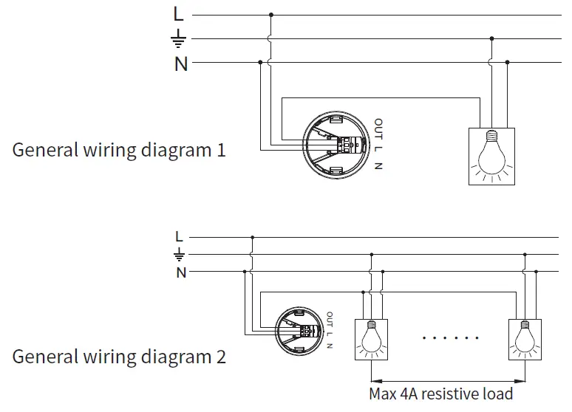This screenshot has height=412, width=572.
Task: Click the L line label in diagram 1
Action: pyautogui.click(x=177, y=13)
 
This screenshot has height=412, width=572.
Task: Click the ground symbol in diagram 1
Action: pyautogui.click(x=178, y=39)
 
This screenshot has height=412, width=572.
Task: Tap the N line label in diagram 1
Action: pyautogui.click(x=180, y=64)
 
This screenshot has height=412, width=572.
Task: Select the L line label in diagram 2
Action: pyautogui.click(x=179, y=237)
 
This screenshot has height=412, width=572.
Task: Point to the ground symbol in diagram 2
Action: pyautogui.click(x=179, y=255)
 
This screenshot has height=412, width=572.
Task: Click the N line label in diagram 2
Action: pyautogui.click(x=180, y=273)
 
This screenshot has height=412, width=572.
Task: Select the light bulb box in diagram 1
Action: pyautogui.click(x=492, y=156)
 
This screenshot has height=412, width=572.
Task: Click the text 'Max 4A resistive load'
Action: pyautogui.click(x=441, y=392)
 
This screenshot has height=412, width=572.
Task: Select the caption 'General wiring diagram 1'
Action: pyautogui.click(x=119, y=150)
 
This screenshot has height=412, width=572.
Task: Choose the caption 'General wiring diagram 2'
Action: pyautogui.click(x=119, y=357)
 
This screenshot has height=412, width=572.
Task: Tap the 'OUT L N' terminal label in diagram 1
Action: pyautogui.click(x=378, y=144)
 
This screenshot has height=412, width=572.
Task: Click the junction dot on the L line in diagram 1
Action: pyautogui.click(x=270, y=14)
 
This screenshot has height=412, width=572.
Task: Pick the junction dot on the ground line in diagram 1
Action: pyautogui.click(x=492, y=39)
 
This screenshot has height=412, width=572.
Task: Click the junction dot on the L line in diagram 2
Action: pyautogui.click(x=253, y=238)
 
